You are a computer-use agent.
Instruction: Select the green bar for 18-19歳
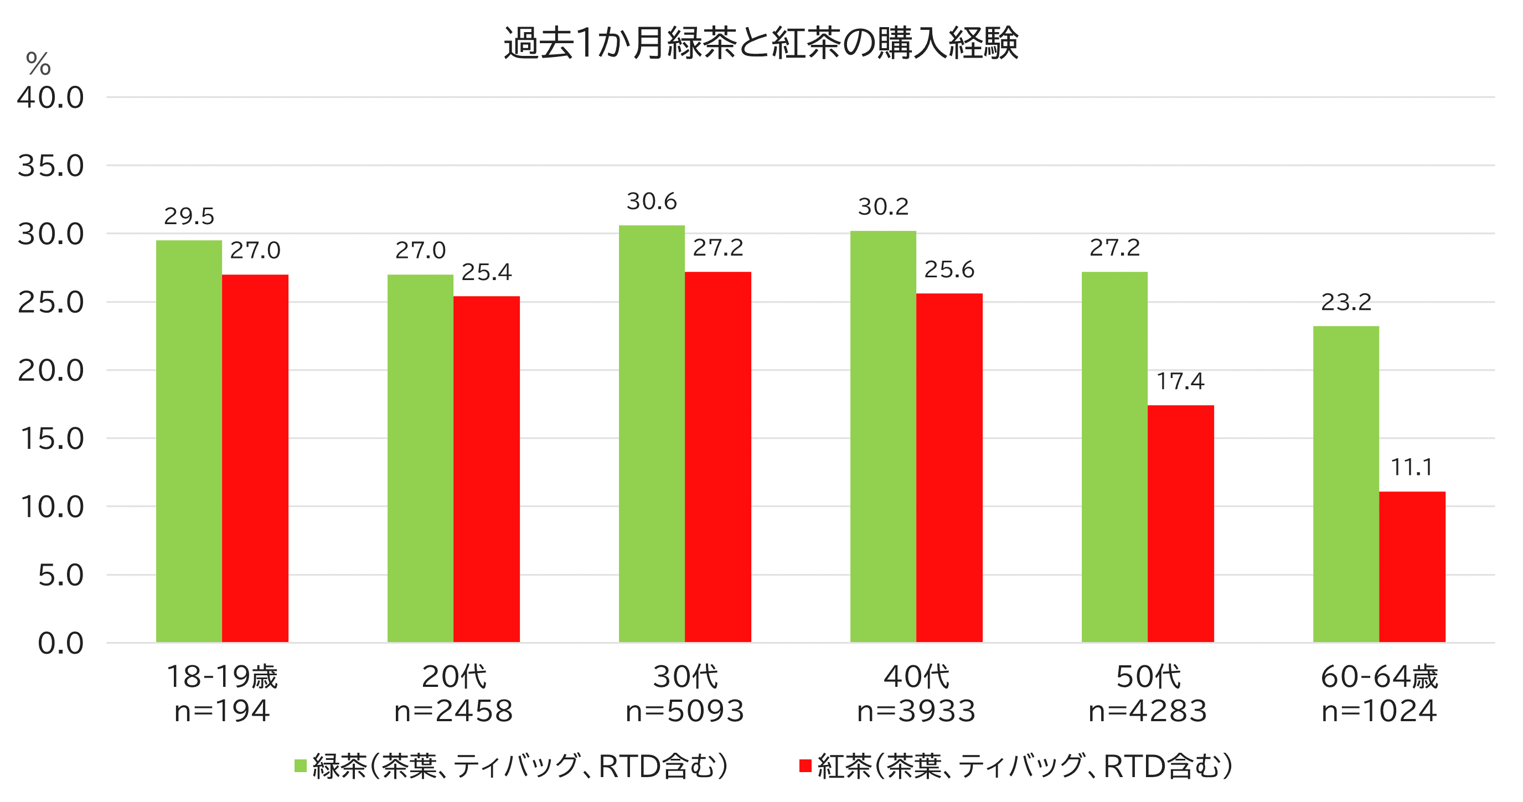189,441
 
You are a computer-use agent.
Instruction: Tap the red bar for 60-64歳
1412,567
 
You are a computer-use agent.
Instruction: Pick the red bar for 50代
1181,524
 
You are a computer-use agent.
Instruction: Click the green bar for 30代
652,434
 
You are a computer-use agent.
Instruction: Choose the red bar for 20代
487,469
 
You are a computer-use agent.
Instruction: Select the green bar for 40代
883,436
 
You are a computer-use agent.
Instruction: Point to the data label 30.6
652,202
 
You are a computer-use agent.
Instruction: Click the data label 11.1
1412,468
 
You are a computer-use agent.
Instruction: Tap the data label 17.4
1180,382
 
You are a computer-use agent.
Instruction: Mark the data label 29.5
189,217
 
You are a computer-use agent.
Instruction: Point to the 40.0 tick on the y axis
51,97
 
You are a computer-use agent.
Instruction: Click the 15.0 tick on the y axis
52,438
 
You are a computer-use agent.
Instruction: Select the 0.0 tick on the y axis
61,643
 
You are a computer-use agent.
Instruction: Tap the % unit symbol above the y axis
38,64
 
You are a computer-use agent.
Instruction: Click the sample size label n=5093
685,711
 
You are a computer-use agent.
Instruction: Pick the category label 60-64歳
1379,677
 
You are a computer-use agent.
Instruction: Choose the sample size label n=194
223,711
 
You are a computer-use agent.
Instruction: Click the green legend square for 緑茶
301,766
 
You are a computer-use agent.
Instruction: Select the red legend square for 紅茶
804,766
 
